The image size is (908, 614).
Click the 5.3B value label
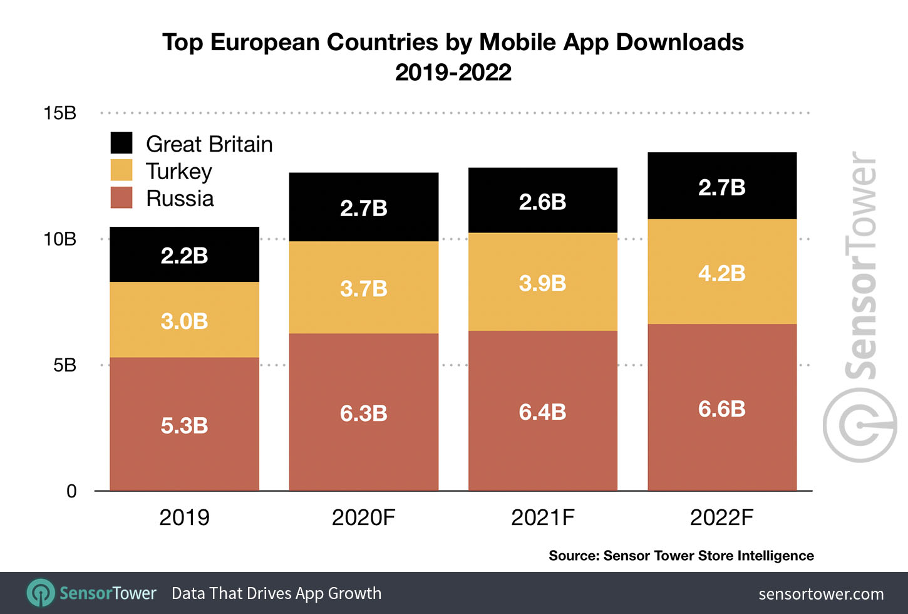[x=184, y=425]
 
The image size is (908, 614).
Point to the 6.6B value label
[x=721, y=409]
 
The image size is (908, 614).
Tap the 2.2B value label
[x=184, y=256]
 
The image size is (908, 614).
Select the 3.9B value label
[x=542, y=283]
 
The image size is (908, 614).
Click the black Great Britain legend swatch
[x=121, y=143]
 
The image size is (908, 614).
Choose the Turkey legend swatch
[x=121, y=170]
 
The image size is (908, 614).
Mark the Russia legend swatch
[x=121, y=197]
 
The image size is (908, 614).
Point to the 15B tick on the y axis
[x=60, y=113]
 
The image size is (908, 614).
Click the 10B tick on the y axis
[x=60, y=239]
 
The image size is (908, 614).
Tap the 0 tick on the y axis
[x=71, y=491]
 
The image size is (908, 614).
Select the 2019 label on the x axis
[x=184, y=518]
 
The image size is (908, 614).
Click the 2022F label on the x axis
[x=721, y=518]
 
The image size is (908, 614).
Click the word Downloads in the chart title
[x=679, y=42]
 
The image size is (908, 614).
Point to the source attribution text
[x=681, y=556]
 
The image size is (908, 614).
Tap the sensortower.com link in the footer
[x=821, y=594]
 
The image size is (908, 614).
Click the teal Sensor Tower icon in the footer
[x=41, y=593]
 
